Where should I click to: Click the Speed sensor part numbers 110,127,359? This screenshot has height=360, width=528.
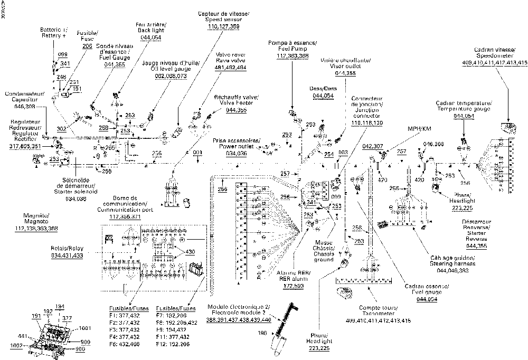tap(223, 26)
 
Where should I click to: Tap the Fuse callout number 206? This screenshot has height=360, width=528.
tap(87, 46)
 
